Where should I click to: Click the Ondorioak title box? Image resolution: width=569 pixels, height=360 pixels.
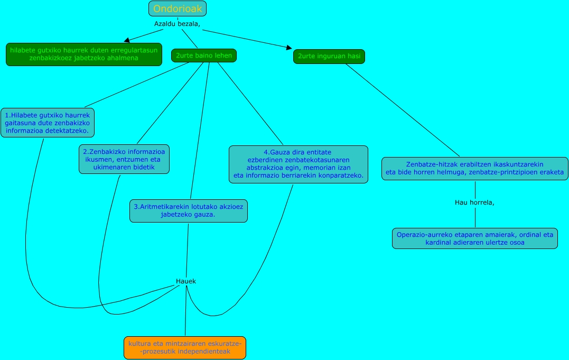(x=178, y=8)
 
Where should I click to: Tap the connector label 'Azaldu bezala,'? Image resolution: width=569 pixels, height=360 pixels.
(x=178, y=24)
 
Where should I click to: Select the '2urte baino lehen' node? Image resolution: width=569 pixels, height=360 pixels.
(x=203, y=56)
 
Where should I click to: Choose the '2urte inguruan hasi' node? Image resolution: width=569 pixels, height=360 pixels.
(x=329, y=56)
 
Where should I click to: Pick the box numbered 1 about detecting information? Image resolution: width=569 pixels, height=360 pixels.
(x=48, y=123)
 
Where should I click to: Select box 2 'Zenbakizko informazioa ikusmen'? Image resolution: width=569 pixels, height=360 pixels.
(x=124, y=159)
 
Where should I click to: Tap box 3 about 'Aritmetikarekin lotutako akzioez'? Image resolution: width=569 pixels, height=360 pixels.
(x=189, y=210)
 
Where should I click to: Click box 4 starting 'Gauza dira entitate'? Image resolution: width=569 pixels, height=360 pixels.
(x=298, y=164)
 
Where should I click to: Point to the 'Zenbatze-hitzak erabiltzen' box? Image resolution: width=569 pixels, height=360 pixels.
(x=475, y=168)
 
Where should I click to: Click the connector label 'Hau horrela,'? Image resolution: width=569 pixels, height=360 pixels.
(x=474, y=202)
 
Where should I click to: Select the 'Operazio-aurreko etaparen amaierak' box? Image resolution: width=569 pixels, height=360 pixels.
(x=474, y=238)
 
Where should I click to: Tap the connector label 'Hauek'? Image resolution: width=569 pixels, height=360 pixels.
(x=186, y=281)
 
